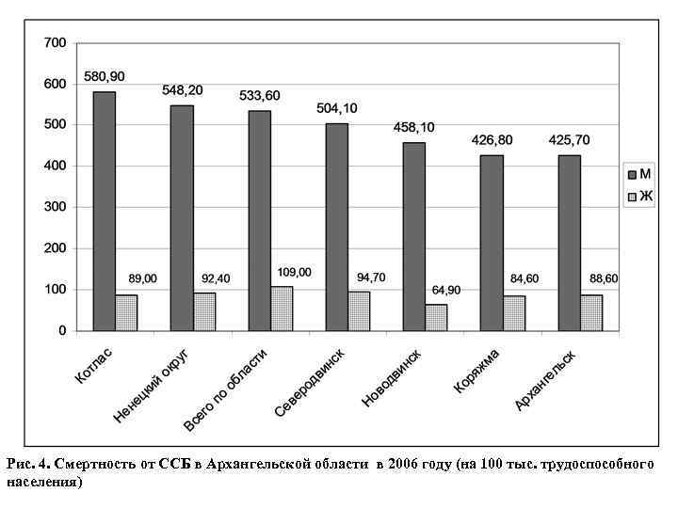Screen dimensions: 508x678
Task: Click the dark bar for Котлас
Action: [105, 211]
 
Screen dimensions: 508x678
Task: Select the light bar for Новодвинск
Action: [436, 318]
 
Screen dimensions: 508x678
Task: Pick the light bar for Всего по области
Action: [281, 309]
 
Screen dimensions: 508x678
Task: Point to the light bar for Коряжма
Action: [514, 313]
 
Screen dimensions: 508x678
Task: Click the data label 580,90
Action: [105, 76]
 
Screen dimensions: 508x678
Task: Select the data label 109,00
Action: [294, 272]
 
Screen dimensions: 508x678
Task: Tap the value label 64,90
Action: [446, 290]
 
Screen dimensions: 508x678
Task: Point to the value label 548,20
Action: [183, 90]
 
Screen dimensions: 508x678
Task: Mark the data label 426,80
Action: [492, 140]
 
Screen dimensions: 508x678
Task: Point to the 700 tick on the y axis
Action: [55, 43]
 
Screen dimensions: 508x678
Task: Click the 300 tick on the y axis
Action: [55, 207]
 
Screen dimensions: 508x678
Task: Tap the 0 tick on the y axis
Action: [62, 330]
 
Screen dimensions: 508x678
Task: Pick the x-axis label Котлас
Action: [93, 367]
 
